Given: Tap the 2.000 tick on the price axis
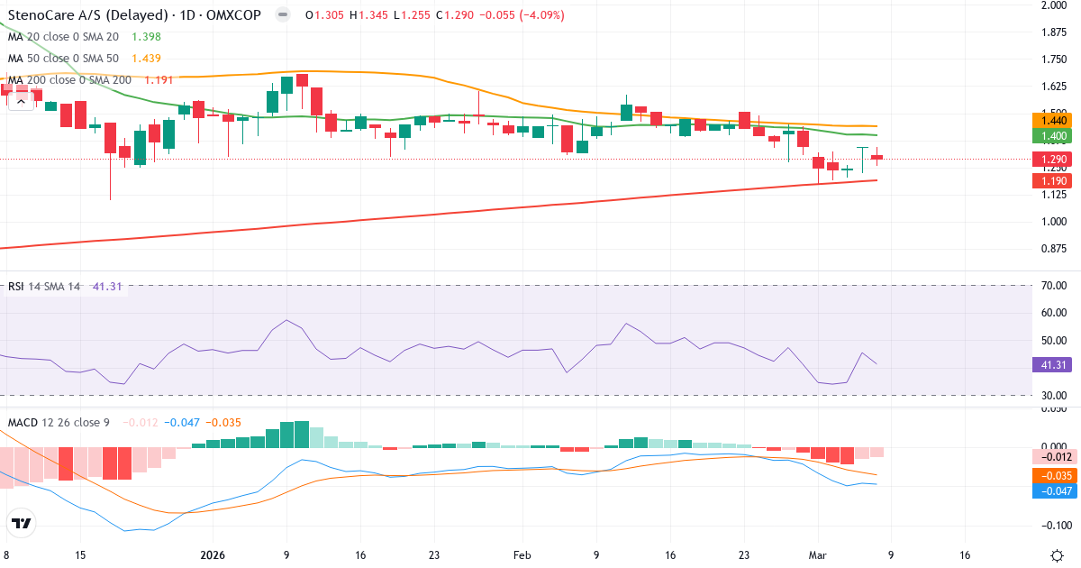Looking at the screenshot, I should (x=1053, y=5).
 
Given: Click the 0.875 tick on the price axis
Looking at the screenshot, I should (x=1053, y=249).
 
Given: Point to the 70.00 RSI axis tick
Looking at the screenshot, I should (x=1053, y=286).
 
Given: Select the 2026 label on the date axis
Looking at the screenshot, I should (x=213, y=554).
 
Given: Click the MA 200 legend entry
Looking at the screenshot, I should (x=70, y=79).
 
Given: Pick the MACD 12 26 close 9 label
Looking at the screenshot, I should (x=59, y=422).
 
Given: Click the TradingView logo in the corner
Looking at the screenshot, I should (x=22, y=523).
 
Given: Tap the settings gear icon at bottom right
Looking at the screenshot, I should (x=1059, y=554).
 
